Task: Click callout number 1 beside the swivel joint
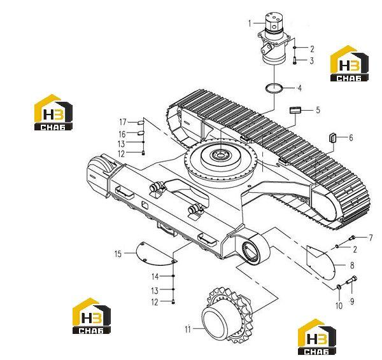[250, 24]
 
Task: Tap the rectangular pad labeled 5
[295, 110]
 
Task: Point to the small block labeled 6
[332, 138]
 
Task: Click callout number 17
[123, 122]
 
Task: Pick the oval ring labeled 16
[141, 133]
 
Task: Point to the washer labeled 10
[339, 287]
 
